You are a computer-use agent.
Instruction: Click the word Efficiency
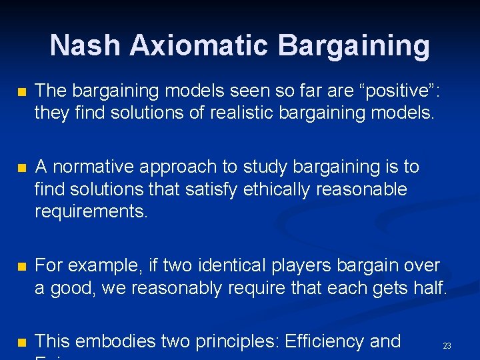click(x=324, y=341)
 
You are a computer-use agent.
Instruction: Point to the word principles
click(x=237, y=341)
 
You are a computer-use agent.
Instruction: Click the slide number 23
click(x=447, y=346)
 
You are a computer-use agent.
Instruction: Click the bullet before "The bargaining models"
click(x=21, y=91)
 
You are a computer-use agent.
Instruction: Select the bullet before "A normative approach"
click(x=21, y=167)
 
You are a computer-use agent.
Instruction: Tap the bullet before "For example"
click(x=21, y=266)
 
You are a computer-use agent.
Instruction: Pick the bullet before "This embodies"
click(x=21, y=342)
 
